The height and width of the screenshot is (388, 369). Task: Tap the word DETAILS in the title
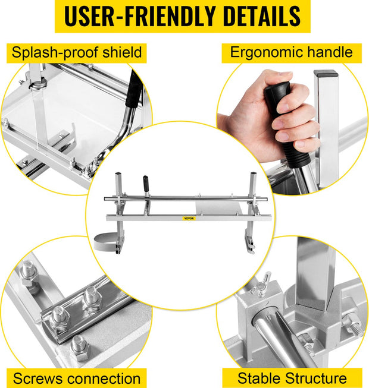pos(261,16)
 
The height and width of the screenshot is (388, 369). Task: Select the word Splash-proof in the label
pos(55,53)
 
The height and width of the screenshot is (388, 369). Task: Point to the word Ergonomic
pos(267,52)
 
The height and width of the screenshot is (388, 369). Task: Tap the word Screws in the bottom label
pos(37,378)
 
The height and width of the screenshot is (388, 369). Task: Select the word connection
pos(104,378)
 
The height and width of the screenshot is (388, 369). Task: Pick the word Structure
pos(315,378)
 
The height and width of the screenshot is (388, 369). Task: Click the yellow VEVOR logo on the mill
pos(189,219)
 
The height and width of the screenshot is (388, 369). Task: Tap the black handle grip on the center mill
pos(146,182)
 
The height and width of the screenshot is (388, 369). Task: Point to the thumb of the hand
pos(276,75)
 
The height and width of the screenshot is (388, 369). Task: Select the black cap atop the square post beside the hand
pos(326,73)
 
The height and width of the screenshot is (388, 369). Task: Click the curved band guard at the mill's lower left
pos(105,241)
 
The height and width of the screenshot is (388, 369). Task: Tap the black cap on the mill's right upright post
pos(254,174)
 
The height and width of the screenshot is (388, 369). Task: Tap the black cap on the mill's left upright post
pos(118,174)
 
